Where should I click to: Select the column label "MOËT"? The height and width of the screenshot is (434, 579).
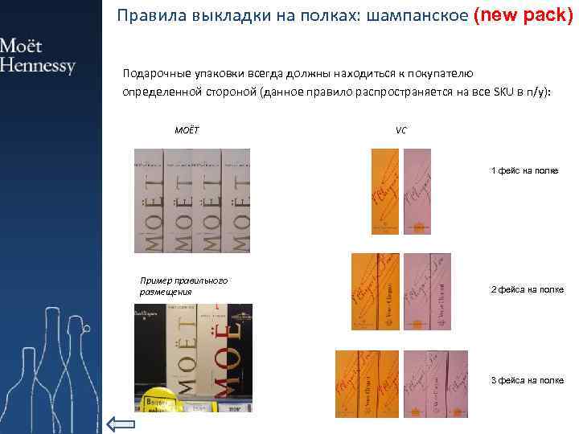187,130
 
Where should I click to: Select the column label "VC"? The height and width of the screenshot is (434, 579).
401,130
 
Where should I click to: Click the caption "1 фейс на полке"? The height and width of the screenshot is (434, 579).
524,171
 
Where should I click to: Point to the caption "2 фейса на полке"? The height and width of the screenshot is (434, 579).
527,289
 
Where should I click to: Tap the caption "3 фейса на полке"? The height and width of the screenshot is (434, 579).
527,380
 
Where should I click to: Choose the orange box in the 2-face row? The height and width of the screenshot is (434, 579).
376,291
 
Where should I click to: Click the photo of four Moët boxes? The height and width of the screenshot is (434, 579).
191,201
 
